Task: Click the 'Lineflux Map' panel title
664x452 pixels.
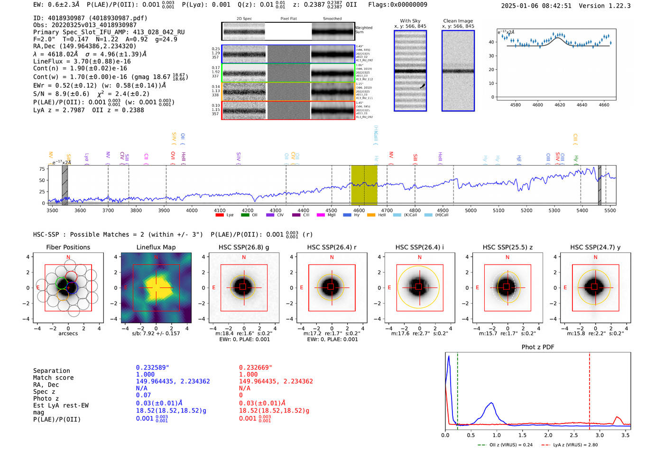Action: (156, 247)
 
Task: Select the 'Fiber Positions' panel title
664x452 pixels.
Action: (68, 247)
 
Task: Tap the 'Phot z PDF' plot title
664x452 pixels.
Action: (537, 347)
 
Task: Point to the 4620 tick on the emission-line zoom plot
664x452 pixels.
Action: (560, 105)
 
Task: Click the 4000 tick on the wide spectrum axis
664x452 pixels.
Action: (192, 211)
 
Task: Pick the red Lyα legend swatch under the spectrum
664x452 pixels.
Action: (220, 215)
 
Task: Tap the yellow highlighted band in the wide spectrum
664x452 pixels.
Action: (364, 185)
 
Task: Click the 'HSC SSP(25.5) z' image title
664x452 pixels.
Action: (507, 247)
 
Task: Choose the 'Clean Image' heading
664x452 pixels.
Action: (458, 21)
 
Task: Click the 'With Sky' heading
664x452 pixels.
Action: (410, 21)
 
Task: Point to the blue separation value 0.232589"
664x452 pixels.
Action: (152, 368)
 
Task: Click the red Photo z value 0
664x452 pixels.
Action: (241, 395)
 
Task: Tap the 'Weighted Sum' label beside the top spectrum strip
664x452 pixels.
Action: (363, 30)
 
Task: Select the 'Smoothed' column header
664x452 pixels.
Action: (332, 19)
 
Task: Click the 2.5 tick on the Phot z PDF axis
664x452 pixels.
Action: (574, 435)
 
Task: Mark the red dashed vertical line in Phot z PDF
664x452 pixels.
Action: (590, 389)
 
